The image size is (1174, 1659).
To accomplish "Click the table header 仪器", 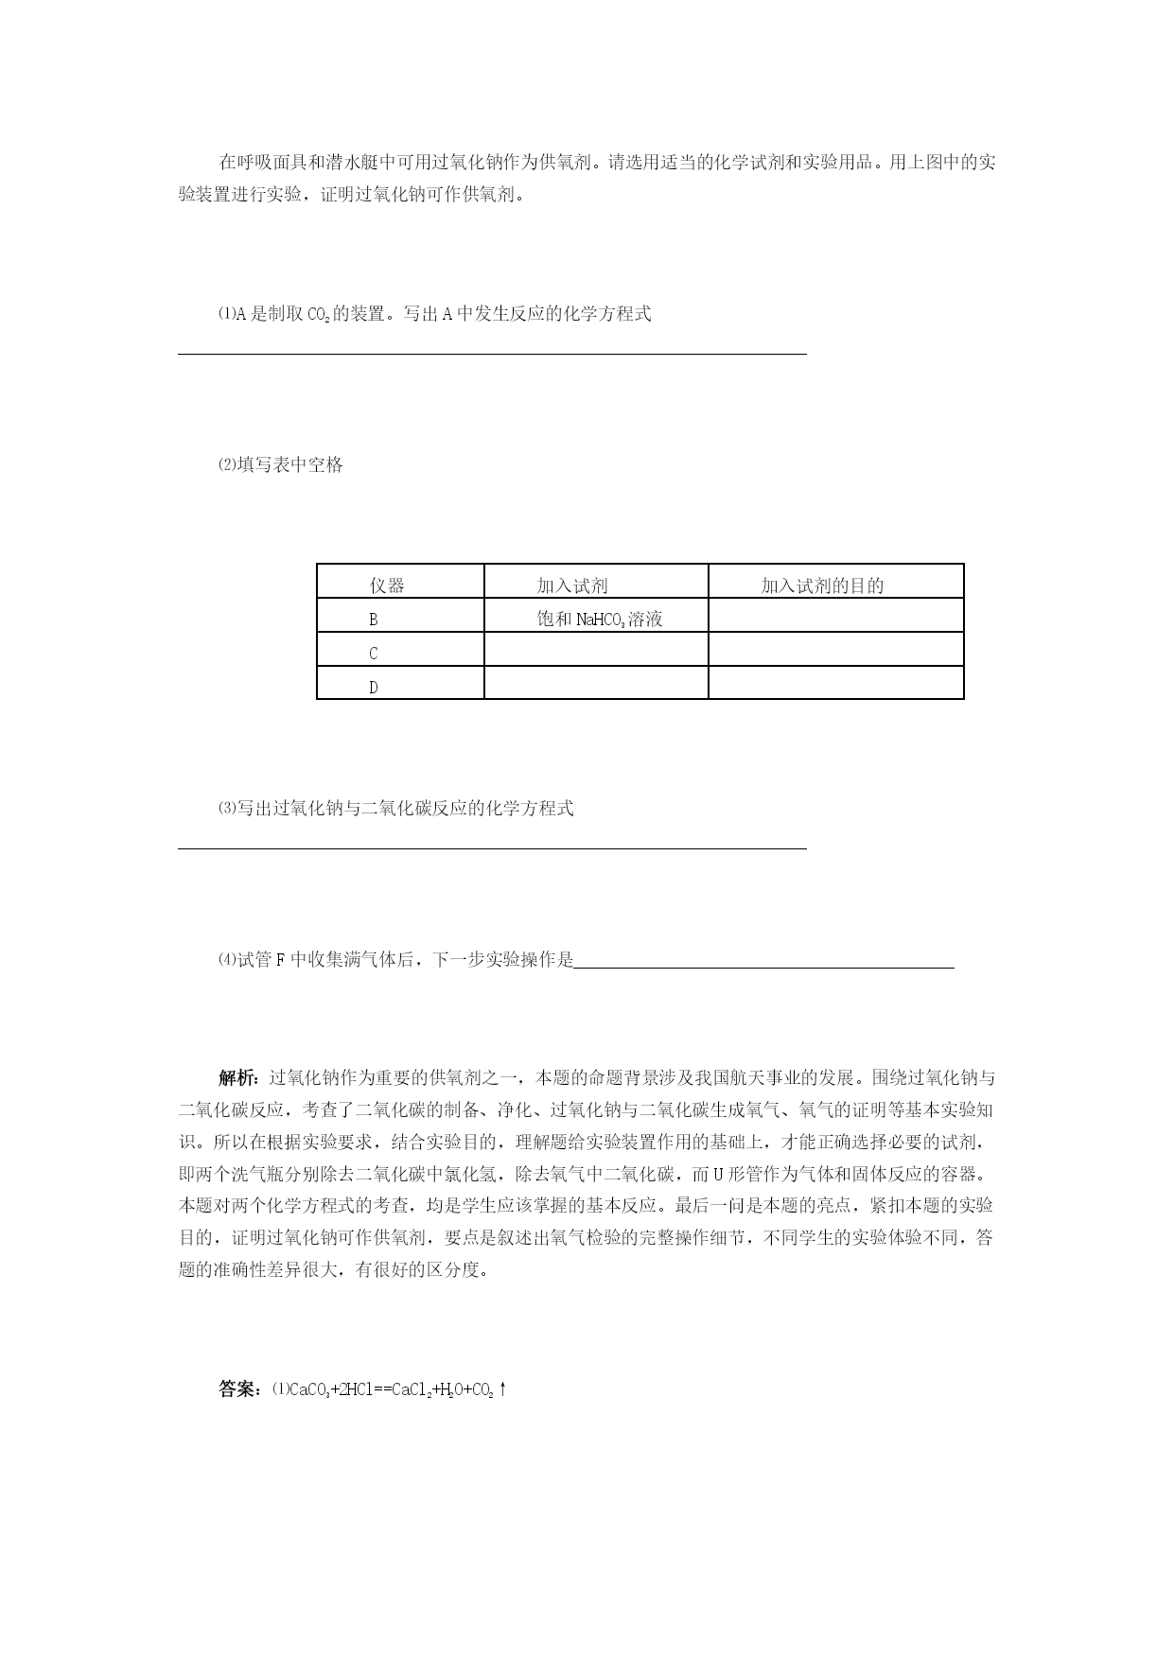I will [387, 585].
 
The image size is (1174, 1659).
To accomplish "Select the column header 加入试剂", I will [572, 585].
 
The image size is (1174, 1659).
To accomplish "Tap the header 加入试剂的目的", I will [822, 585].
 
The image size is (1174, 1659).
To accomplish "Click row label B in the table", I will [374, 620].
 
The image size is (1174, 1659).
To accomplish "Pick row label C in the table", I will [374, 654].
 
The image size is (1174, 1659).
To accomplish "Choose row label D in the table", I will [374, 688].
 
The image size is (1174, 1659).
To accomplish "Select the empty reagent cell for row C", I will [595, 650].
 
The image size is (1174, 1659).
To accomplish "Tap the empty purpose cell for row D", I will [835, 683].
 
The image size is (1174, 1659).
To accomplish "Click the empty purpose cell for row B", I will [835, 616].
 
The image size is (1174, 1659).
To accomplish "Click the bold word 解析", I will [237, 1077].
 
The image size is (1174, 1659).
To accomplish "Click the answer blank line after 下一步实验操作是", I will [763, 967].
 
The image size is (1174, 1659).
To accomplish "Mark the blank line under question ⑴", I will [492, 353].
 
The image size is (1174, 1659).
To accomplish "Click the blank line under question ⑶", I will [492, 848].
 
